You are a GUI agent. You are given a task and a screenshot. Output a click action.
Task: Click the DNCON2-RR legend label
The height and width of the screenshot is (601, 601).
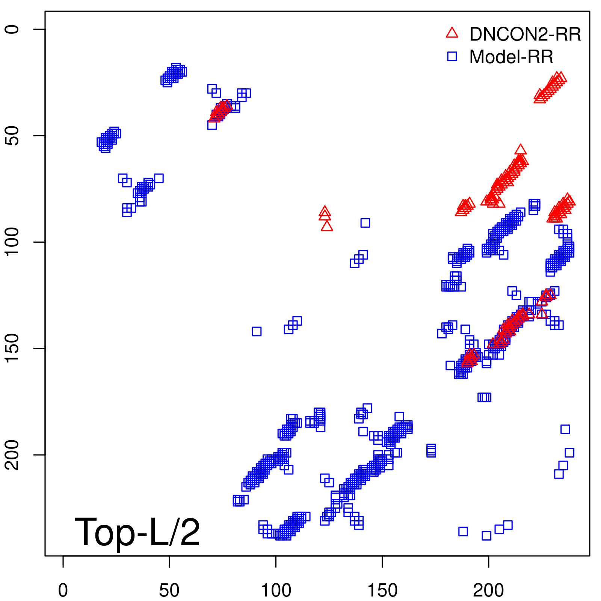click(x=525, y=34)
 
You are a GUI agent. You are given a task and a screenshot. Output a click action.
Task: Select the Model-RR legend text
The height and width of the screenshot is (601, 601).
click(x=511, y=57)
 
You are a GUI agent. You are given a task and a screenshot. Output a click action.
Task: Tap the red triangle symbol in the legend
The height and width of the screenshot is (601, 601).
click(x=452, y=33)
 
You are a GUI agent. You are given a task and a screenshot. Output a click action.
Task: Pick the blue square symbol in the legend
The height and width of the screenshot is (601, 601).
click(x=452, y=56)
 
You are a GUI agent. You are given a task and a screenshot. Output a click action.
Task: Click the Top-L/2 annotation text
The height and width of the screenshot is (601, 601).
click(x=137, y=532)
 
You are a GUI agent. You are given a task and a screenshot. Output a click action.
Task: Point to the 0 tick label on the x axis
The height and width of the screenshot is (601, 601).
click(x=63, y=590)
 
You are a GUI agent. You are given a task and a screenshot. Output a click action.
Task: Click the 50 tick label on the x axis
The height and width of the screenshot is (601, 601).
click(x=169, y=590)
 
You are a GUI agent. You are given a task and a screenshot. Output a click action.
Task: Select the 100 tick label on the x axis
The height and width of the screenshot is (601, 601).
click(x=276, y=590)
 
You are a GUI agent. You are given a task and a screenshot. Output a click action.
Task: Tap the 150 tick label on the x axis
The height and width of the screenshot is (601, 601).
click(x=382, y=590)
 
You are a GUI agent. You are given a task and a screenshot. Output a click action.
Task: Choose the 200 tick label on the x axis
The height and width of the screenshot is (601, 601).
click(x=488, y=590)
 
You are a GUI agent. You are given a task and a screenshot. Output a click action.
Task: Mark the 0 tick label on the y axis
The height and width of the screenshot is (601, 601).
click(x=12, y=29)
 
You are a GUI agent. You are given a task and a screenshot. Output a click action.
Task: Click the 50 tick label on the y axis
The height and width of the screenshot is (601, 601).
click(x=12, y=136)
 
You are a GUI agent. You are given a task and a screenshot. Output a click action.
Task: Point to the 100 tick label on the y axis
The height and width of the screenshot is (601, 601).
click(x=12, y=242)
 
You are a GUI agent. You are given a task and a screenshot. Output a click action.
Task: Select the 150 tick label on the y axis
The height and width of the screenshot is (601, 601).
click(x=12, y=348)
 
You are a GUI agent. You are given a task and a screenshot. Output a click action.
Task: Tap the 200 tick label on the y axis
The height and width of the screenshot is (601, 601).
click(x=12, y=455)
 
